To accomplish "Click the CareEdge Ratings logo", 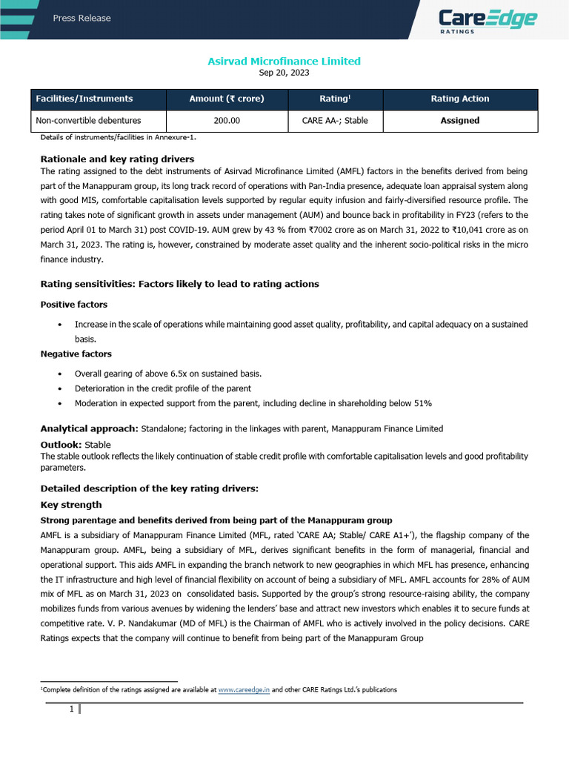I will coord(487,20).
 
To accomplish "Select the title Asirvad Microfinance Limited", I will coord(284,61).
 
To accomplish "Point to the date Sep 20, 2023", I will coord(284,73).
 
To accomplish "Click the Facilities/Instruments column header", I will coord(86,99).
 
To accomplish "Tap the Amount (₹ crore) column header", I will coord(227,99).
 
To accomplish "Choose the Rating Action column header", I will coord(460,99).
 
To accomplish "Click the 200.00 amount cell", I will coord(227,120).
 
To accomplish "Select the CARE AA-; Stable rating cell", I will coord(335,120).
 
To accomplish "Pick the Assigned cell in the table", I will coord(460,120).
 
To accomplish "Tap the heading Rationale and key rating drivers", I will coord(117,159).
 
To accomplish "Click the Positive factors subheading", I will coord(73,305).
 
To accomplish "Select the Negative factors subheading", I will coord(76,354).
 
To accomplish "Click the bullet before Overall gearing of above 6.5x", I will coord(59,373).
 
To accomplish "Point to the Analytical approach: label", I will coord(89,428).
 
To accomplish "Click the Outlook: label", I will coord(61,445).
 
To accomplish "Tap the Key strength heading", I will coord(71,505).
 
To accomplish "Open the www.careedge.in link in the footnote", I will coord(244,689).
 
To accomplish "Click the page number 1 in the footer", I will coord(72,709).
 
